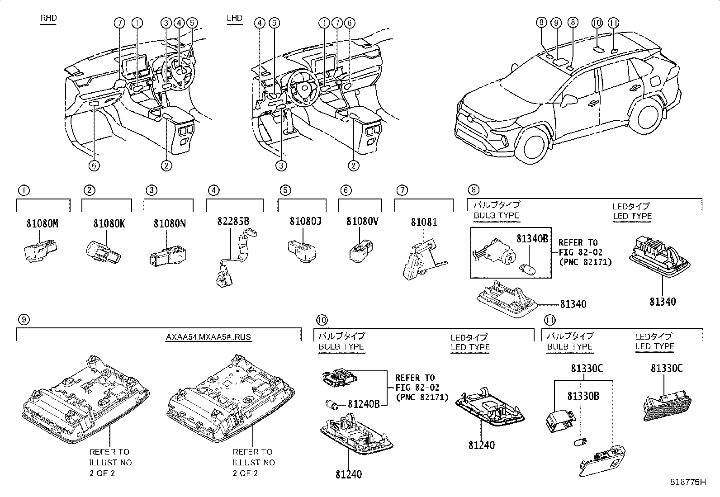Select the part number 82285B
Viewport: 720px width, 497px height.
point(233,222)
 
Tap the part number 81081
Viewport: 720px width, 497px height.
point(424,222)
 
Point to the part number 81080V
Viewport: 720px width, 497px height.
point(362,222)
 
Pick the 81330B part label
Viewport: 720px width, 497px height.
point(583,396)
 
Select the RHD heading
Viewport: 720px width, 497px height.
point(48,19)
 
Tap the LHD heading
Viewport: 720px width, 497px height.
point(234,19)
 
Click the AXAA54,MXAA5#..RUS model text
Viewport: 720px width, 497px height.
point(208,337)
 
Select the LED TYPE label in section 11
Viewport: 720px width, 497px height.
point(654,346)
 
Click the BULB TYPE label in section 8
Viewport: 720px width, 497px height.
point(496,216)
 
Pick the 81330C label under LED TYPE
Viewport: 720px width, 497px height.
point(667,369)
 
